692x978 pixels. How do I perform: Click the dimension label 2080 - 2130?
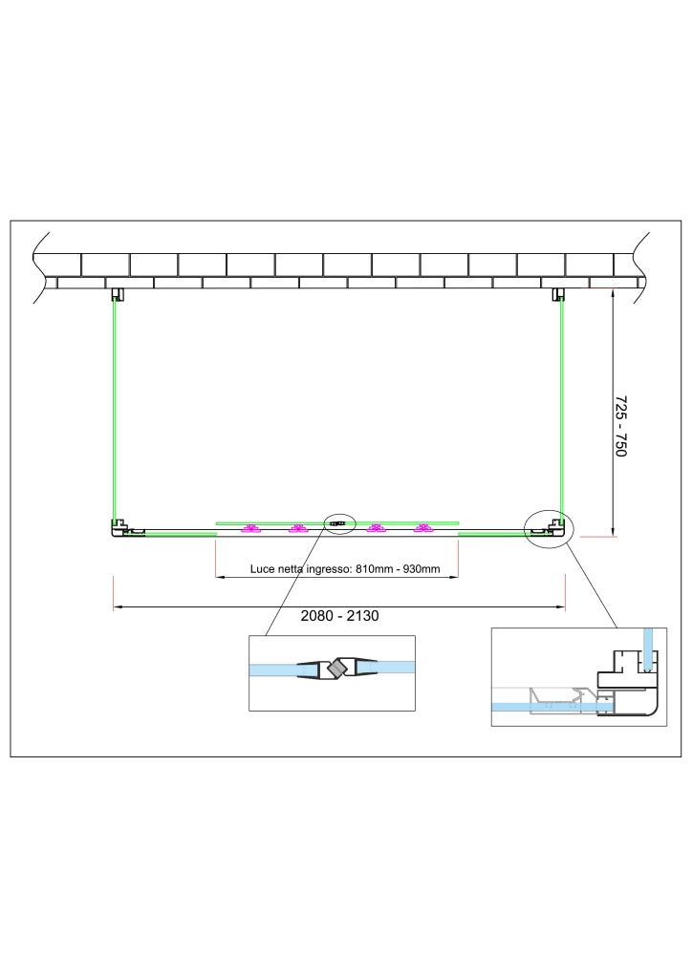[339, 616]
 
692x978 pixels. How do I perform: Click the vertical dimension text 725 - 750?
[620, 426]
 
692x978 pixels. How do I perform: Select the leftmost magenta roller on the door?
[250, 529]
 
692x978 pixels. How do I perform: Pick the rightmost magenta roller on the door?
[423, 529]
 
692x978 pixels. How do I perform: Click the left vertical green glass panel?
[114, 411]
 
